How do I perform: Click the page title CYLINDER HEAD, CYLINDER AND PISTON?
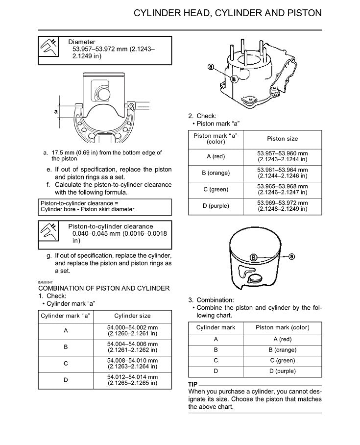coord(228,13)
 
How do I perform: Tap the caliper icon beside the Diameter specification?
coord(48,49)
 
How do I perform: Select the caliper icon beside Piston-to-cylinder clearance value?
coord(48,235)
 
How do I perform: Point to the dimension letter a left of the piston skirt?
coord(56,111)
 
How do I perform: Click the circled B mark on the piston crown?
coord(254,257)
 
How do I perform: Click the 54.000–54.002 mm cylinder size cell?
coord(132,331)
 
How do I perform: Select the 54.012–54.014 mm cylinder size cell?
coord(132,380)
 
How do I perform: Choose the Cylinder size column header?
coord(132,316)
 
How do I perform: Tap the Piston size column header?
coord(282,139)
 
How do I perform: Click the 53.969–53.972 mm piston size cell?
coord(282,206)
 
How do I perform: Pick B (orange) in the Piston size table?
coord(216,173)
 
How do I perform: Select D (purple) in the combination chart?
coord(282,371)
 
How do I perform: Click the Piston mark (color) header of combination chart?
coord(282,327)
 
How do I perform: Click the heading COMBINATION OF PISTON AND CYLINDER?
coord(104,288)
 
